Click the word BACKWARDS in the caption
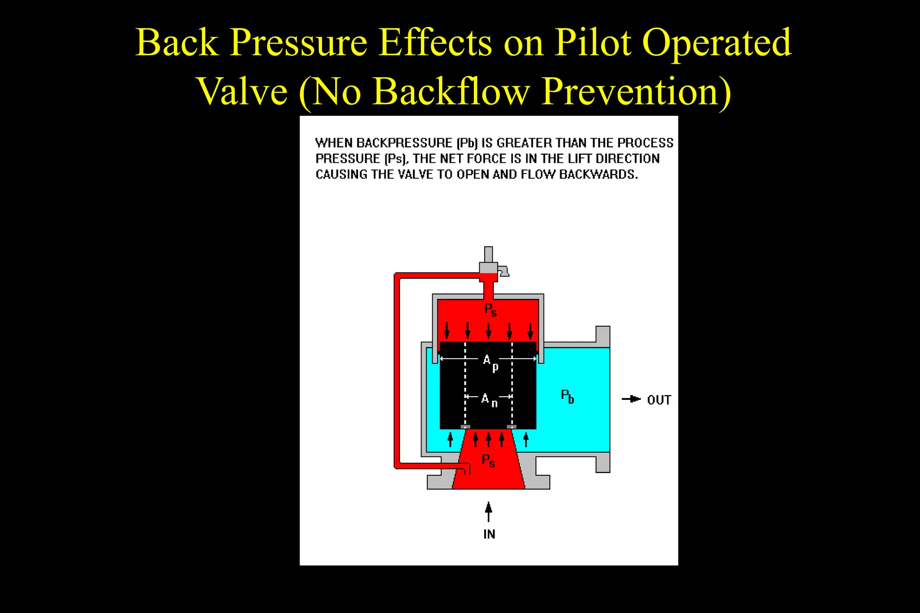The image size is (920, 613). pos(598,174)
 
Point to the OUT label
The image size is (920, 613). pos(659,400)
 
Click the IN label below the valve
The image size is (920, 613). pos(489,534)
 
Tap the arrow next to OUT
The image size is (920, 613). pos(631,399)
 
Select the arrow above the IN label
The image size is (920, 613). pos(489,512)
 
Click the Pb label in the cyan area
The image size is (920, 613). pos(567,396)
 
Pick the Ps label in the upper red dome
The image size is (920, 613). pos(490,310)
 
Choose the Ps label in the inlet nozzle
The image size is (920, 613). pos(488,460)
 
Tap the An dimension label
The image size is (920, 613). pos(489,399)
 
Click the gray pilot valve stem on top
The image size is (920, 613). pos(488,254)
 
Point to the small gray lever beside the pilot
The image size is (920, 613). pos(504,271)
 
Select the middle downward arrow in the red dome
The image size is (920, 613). pos(489,330)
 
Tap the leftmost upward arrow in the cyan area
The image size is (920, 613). pos(451,438)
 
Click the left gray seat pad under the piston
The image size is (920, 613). pos(465,426)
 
